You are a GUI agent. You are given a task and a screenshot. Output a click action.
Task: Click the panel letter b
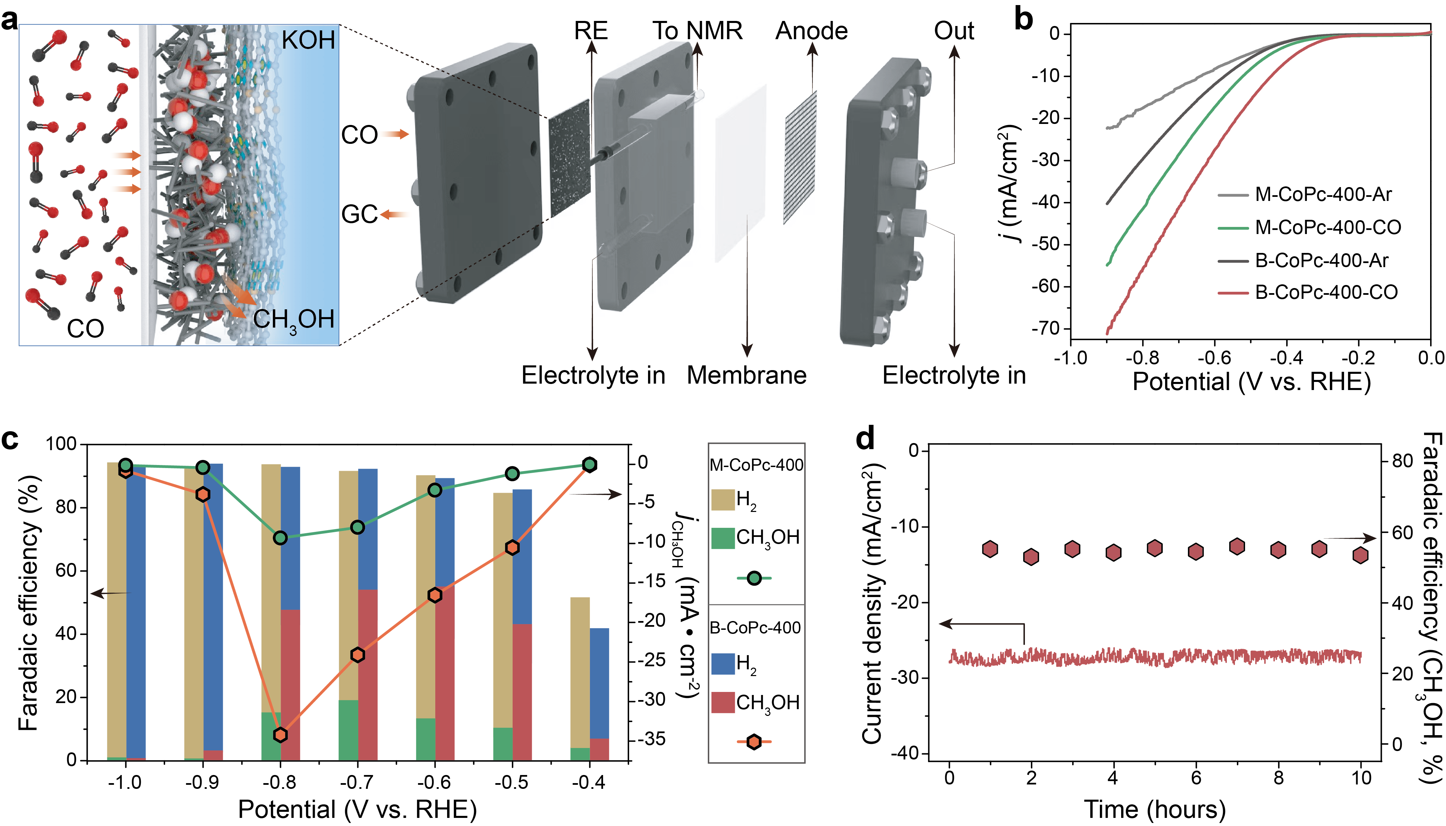[x=1023, y=20]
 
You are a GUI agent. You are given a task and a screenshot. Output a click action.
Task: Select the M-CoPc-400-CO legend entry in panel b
[x=1327, y=228]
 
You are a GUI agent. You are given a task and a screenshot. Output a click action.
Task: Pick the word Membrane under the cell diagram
[x=747, y=376]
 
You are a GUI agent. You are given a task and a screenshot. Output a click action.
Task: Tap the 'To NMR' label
[x=697, y=31]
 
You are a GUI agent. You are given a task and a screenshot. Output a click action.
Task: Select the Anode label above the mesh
[x=811, y=31]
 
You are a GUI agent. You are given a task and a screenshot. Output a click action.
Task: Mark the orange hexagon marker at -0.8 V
[x=280, y=735]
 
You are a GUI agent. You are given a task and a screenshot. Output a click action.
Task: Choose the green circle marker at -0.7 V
[x=357, y=527]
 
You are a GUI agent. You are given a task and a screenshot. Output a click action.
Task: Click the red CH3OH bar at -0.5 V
[x=522, y=692]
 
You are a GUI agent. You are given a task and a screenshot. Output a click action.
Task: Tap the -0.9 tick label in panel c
[x=203, y=783]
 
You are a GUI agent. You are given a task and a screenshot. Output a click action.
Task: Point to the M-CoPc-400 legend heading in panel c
[x=756, y=465]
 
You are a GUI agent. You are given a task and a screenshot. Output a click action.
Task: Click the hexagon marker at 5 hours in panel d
[x=1155, y=548]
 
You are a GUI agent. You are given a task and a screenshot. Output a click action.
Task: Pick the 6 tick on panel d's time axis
[x=1196, y=777]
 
